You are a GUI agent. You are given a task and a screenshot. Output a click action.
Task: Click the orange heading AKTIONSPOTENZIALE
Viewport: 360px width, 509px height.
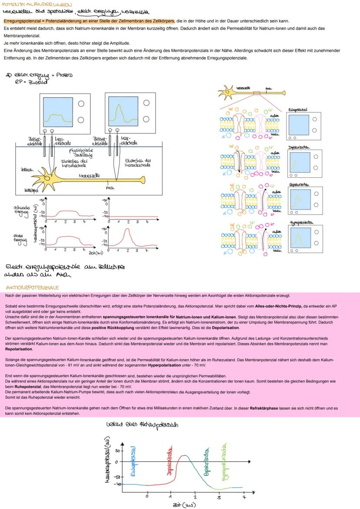coord(32,288)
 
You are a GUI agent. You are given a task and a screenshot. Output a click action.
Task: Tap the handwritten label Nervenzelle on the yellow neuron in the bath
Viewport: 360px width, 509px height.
coord(90,176)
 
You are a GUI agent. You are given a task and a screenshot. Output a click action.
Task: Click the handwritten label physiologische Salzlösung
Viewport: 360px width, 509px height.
coord(79,153)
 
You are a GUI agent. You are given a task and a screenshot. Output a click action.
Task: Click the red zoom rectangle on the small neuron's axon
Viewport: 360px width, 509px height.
coord(256,93)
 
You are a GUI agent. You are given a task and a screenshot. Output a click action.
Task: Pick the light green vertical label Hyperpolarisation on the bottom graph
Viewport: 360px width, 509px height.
coord(225,462)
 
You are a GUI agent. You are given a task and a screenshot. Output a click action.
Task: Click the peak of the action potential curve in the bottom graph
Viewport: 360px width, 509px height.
coord(184,456)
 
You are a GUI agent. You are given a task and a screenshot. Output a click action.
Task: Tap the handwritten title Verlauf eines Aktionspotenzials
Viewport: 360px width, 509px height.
coord(142,424)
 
